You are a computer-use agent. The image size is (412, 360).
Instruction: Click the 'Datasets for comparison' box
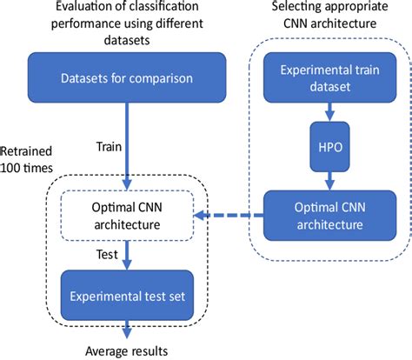[127, 81]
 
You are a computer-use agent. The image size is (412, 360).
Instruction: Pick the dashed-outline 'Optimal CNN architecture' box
[127, 217]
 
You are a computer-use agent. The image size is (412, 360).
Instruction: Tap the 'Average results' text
[128, 350]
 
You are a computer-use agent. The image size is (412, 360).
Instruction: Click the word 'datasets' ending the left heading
[128, 39]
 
